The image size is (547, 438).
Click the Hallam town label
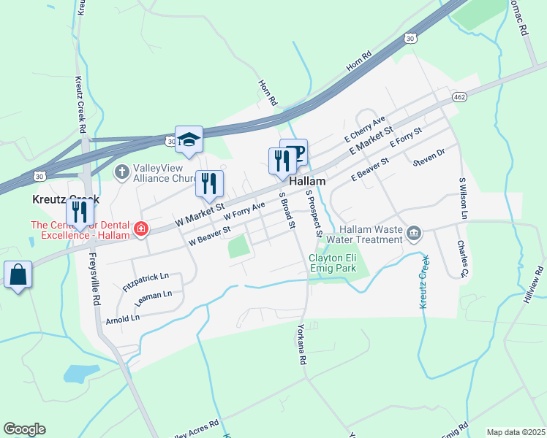[307, 181]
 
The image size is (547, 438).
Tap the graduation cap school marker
[189, 139]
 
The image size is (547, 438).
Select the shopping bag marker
[18, 275]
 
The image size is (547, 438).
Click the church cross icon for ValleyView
[121, 172]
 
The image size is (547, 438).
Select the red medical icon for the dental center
[140, 231]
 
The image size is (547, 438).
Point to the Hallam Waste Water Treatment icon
[414, 234]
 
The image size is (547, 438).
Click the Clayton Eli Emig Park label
[338, 264]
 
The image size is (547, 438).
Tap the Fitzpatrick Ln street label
[146, 282]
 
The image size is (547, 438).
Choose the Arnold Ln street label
[122, 319]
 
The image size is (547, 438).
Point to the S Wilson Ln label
[462, 198]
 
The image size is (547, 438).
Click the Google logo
[24, 429]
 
